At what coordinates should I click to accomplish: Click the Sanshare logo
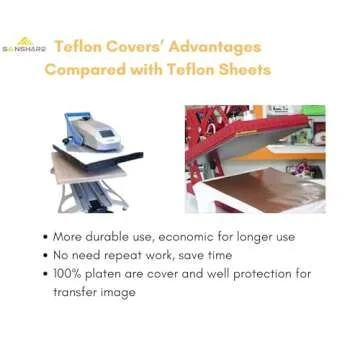click(x=24, y=45)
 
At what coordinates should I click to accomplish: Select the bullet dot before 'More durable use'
click(x=46, y=238)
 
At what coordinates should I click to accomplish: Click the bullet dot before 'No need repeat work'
click(x=46, y=256)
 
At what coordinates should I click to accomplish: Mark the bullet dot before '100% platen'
click(x=46, y=274)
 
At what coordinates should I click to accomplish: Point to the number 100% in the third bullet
click(x=69, y=274)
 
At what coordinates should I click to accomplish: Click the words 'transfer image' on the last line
click(x=94, y=292)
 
